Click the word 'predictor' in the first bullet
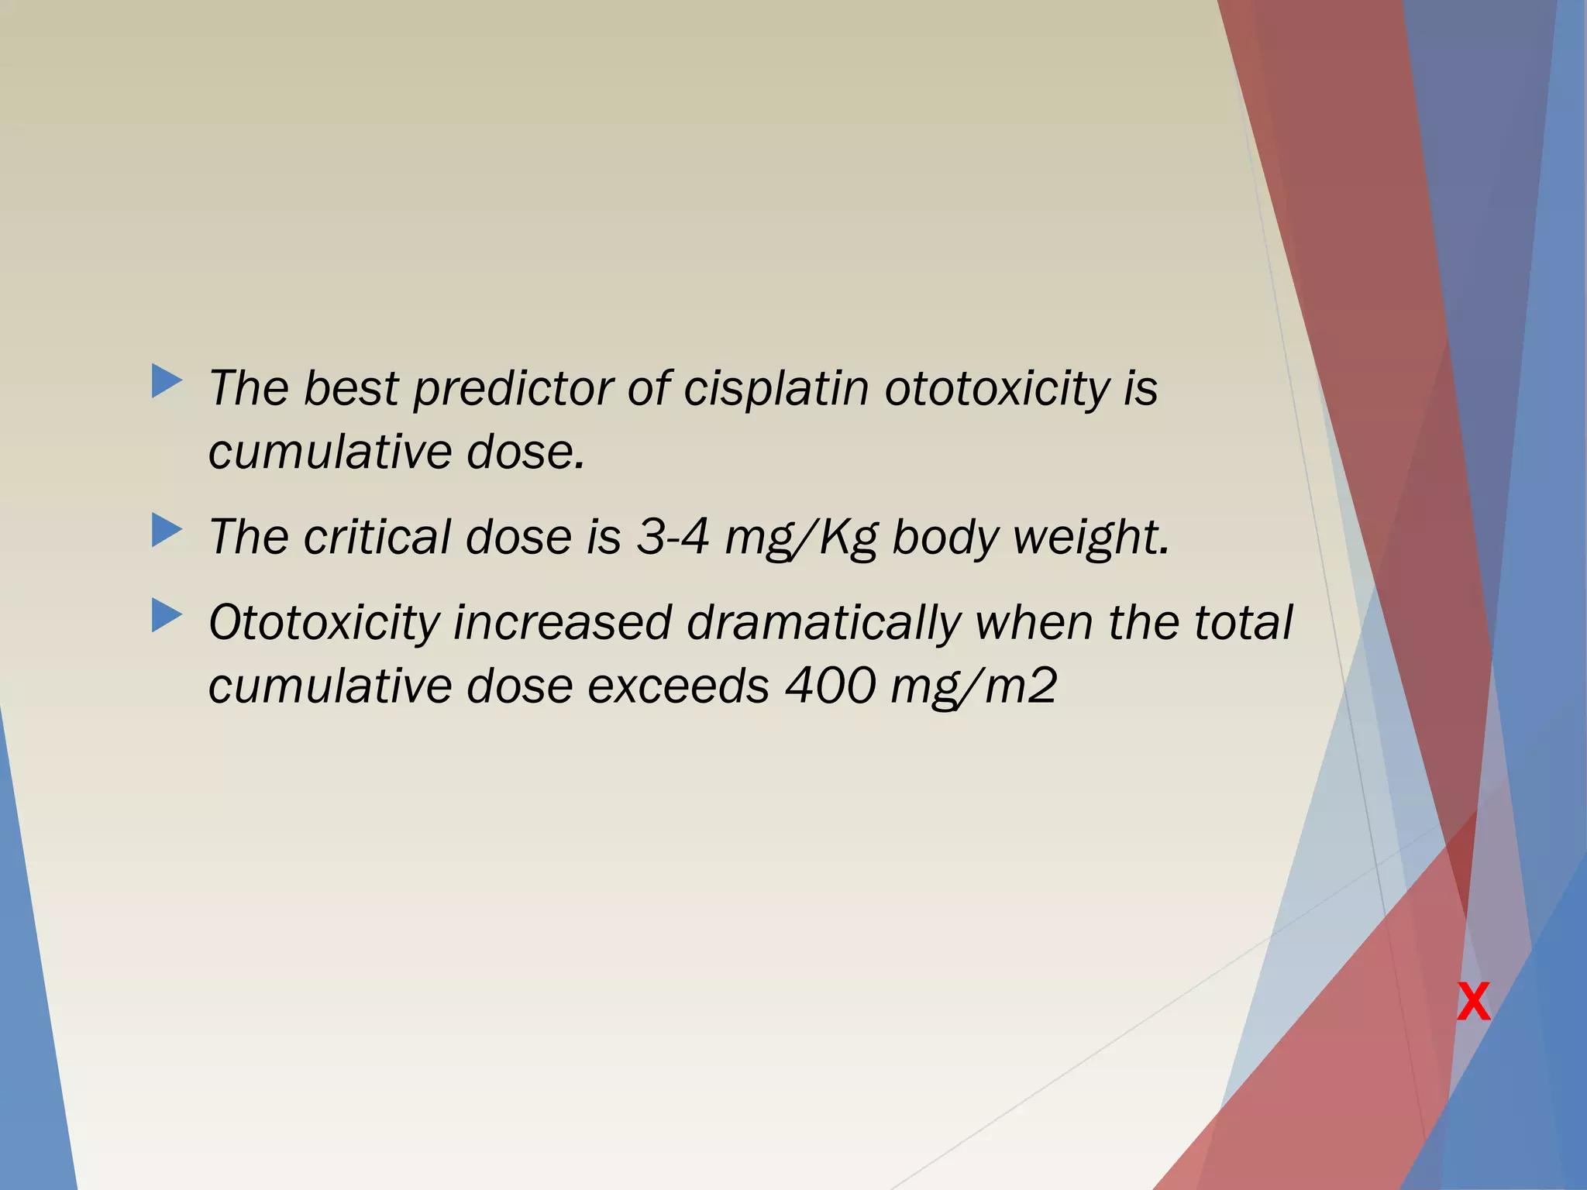click(x=512, y=388)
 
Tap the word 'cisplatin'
click(x=776, y=388)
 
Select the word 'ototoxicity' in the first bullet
click(x=997, y=388)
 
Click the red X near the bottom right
click(x=1472, y=1003)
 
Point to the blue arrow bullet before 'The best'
click(x=167, y=381)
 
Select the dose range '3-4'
click(x=672, y=537)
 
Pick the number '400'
click(x=830, y=686)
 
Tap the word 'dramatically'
click(x=823, y=623)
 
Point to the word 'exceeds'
click(x=678, y=686)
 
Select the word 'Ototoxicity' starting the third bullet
click(x=324, y=623)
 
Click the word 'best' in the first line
click(x=350, y=388)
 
